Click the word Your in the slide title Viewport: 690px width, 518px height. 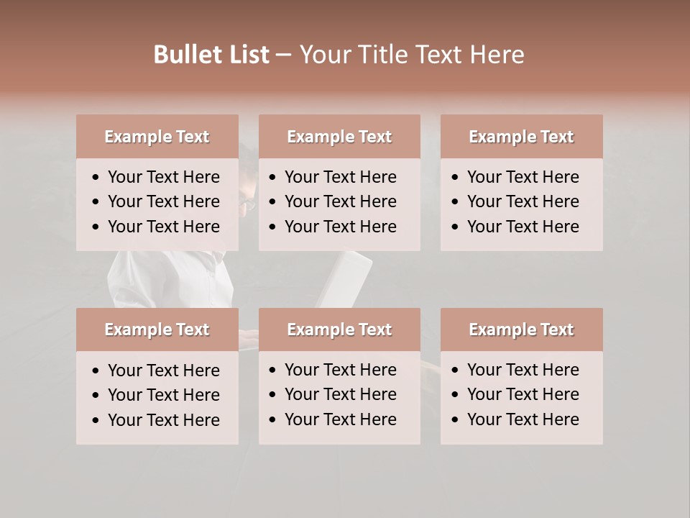click(x=323, y=55)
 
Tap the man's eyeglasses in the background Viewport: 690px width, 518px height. click(x=247, y=204)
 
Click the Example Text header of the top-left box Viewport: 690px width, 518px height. click(x=157, y=137)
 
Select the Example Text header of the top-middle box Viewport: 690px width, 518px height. click(x=339, y=137)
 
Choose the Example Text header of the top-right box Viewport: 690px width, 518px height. click(x=521, y=137)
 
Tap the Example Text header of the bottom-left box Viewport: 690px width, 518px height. click(x=157, y=330)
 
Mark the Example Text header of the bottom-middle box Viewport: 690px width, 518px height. click(x=339, y=330)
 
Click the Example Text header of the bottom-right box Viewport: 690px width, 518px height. click(x=521, y=330)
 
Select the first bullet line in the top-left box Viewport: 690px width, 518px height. click(x=163, y=177)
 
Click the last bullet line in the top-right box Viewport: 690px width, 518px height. click(x=523, y=227)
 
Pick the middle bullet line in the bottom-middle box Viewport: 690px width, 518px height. click(x=340, y=394)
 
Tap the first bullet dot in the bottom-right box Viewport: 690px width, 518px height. click(x=456, y=371)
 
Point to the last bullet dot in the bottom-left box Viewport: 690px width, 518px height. click(x=96, y=421)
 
